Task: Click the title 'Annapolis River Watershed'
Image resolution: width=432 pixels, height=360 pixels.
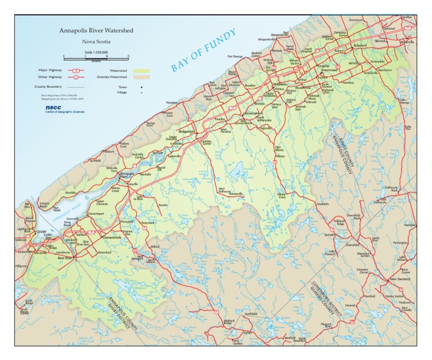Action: click(x=96, y=30)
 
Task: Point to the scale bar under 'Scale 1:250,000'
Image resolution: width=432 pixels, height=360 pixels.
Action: click(x=96, y=57)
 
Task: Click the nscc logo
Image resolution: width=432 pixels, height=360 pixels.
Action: click(x=53, y=106)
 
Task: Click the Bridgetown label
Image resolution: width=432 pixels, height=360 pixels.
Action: click(x=186, y=131)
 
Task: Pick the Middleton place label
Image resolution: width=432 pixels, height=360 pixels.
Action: click(x=280, y=84)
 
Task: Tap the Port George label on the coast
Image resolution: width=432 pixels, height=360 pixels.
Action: click(x=235, y=56)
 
